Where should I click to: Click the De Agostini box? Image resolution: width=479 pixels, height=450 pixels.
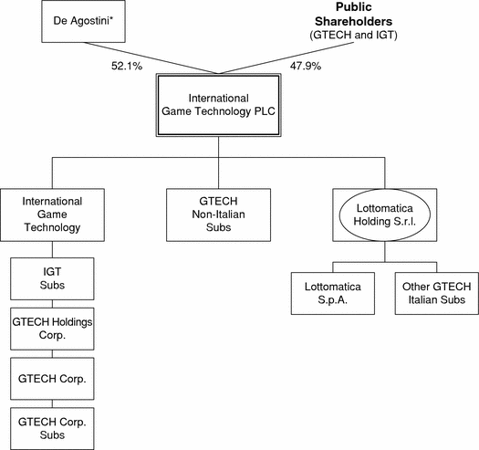pyautogui.click(x=83, y=21)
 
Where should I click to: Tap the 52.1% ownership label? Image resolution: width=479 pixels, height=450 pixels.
pyautogui.click(x=127, y=66)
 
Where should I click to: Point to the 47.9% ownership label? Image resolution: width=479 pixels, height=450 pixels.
pyautogui.click(x=306, y=66)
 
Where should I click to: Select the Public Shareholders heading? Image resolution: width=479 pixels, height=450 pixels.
pyautogui.click(x=353, y=14)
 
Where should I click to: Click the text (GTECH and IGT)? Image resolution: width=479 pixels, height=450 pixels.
pyautogui.click(x=353, y=35)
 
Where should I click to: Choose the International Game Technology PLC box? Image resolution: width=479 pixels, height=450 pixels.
pyautogui.click(x=218, y=105)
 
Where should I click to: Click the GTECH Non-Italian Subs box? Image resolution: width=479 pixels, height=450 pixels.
pyautogui.click(x=218, y=215)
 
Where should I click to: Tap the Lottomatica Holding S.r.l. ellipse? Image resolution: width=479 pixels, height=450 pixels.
pyautogui.click(x=385, y=215)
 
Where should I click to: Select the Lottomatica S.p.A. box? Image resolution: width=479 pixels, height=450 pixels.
pyautogui.click(x=333, y=294)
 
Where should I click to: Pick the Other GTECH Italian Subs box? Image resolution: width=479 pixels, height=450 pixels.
pyautogui.click(x=437, y=294)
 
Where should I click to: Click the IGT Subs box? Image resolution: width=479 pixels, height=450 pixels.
pyautogui.click(x=52, y=278)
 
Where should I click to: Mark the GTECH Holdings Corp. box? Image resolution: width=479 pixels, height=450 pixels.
pyautogui.click(x=52, y=329)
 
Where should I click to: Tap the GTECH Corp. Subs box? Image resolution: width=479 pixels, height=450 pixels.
pyautogui.click(x=52, y=428)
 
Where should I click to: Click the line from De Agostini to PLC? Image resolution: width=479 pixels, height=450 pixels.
pyautogui.click(x=151, y=58)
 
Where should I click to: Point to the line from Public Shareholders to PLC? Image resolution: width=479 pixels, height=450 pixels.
pyautogui.click(x=286, y=58)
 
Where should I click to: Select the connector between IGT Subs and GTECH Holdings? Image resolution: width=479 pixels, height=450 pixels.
pyautogui.click(x=52, y=304)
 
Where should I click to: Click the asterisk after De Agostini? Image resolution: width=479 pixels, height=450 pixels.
pyautogui.click(x=111, y=18)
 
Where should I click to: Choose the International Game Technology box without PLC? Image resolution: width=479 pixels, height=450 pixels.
pyautogui.click(x=52, y=215)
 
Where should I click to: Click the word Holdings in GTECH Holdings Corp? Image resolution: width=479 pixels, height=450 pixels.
pyautogui.click(x=72, y=322)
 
